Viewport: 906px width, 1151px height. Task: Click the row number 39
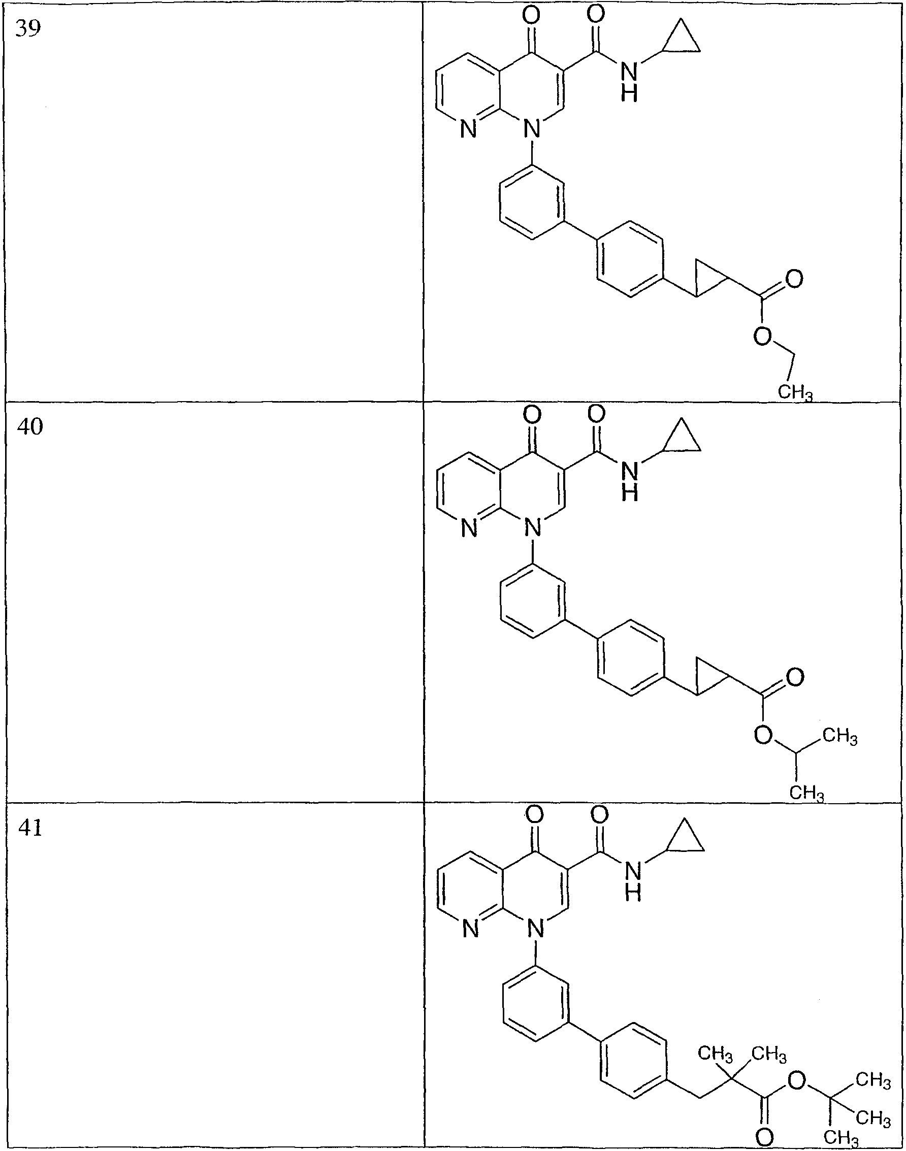pos(27,28)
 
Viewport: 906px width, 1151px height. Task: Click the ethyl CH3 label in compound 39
pos(795,392)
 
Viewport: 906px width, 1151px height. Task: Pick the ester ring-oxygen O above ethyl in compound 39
pos(762,336)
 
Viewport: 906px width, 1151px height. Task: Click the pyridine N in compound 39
pos(467,129)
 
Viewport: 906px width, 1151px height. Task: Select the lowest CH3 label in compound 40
pos(807,793)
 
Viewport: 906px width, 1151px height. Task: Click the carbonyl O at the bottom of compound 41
pos(764,1138)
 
